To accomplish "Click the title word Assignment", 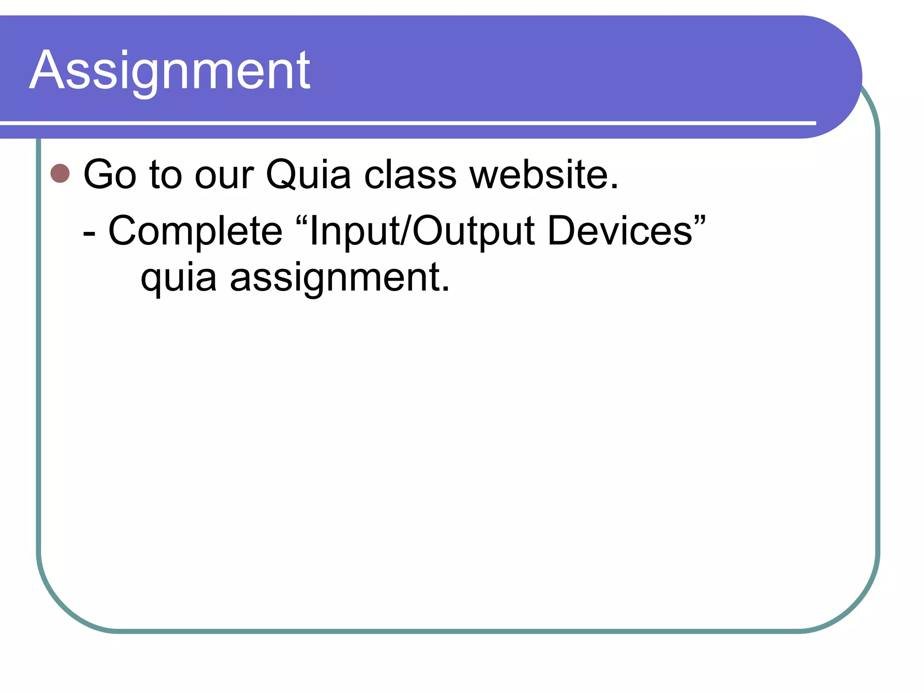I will [170, 71].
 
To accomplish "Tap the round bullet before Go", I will [60, 174].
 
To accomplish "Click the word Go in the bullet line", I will [110, 175].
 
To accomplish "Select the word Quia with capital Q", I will [308, 175].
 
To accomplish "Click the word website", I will [539, 175].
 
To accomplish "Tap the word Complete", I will [195, 231].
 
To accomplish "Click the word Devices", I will [620, 231].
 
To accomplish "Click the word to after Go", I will [166, 175].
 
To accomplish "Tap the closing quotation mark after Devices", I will [700, 221].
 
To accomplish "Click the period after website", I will [614, 185].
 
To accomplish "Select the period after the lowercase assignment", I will [445, 288].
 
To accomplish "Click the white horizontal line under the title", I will [406, 123].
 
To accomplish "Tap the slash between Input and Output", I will [405, 231].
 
